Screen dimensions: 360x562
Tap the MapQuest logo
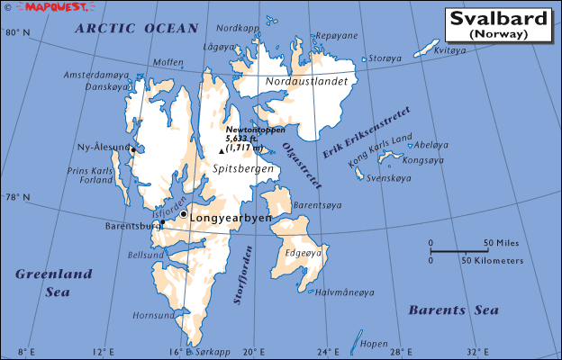37,7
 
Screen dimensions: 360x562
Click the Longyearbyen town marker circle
183,214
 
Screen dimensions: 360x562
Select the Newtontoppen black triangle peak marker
222,151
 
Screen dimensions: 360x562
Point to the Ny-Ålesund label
101,147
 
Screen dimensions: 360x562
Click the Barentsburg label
131,226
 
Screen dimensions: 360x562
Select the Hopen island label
373,344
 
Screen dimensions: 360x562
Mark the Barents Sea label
453,310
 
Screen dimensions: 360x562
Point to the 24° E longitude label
332,351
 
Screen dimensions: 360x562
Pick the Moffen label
168,62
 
